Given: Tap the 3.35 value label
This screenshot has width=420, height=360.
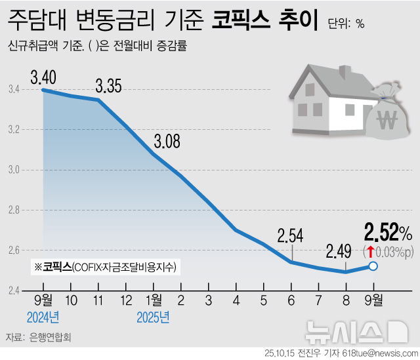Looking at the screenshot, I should [108, 85].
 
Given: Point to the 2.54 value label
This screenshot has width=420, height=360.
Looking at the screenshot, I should [291, 234].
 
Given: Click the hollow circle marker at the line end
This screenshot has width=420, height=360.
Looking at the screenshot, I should [373, 266].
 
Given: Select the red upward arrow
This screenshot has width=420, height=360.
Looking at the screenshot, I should [371, 251].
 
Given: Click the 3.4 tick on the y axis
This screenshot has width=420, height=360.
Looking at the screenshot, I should [15, 89].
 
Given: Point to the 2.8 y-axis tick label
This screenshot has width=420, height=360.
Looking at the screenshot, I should [15, 210].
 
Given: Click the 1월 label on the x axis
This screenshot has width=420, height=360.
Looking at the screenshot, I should [154, 301].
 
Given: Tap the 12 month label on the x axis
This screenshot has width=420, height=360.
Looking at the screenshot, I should [126, 301].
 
